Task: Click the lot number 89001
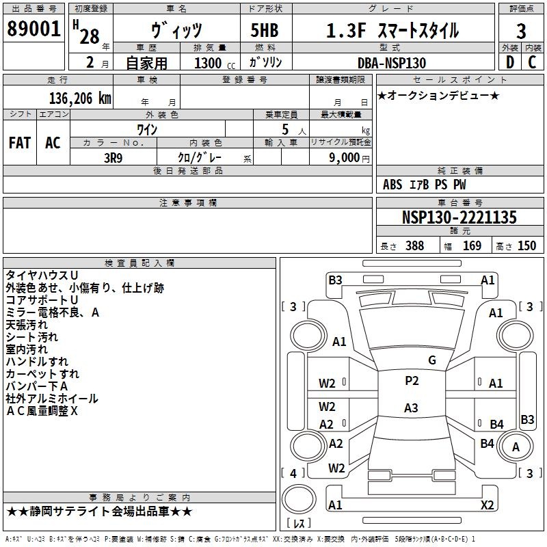(34, 29)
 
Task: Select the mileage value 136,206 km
(80, 98)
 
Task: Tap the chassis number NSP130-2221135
(459, 217)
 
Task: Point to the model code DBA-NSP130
(392, 63)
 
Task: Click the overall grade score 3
(521, 31)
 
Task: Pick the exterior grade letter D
(510, 62)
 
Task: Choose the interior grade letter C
(532, 62)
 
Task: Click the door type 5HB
(265, 30)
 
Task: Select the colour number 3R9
(114, 158)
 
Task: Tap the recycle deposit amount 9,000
(345, 157)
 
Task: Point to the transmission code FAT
(20, 143)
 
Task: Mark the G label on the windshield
(432, 360)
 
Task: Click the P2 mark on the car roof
(412, 381)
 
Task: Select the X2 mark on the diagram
(488, 505)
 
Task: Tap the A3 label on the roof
(411, 408)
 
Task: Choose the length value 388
(415, 245)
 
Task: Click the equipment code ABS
(392, 185)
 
